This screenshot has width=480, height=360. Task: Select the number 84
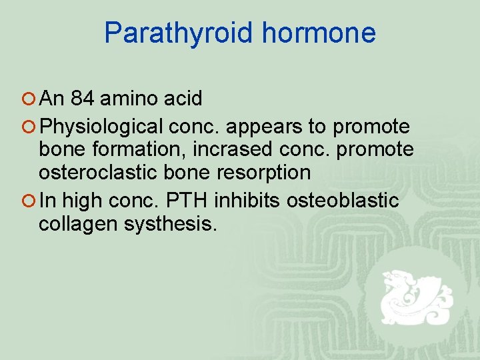(82, 99)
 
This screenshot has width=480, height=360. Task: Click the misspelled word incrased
(222, 149)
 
